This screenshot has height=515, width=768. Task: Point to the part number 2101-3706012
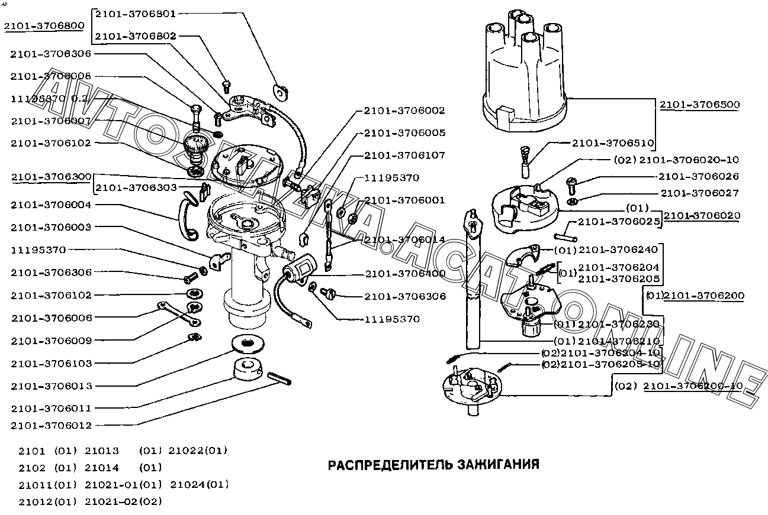51,425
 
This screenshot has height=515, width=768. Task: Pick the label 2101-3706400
405,274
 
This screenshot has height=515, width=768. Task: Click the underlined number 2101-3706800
44,26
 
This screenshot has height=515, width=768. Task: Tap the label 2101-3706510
613,143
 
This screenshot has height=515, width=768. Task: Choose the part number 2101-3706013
51,386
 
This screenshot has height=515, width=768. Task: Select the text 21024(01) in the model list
199,485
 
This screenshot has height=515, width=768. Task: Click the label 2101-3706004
51,205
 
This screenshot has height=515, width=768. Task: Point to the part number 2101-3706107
405,155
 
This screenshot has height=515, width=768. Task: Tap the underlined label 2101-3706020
702,216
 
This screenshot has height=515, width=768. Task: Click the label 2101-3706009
51,341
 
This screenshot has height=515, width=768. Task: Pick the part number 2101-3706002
405,111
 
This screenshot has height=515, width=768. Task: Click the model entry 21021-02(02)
123,501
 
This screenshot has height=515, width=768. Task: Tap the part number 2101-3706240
618,250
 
